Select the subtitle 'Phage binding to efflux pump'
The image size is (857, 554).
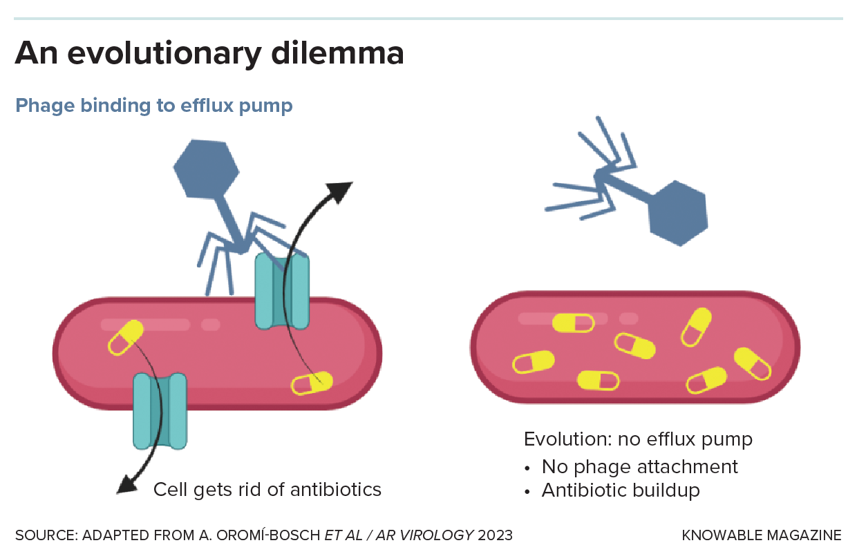[154, 106]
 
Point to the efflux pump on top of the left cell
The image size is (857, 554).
[282, 290]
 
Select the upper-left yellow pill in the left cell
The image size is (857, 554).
[125, 338]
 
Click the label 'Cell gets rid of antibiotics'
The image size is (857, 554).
[267, 490]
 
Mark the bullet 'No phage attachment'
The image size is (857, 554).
[639, 467]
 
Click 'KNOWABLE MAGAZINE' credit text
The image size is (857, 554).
[762, 535]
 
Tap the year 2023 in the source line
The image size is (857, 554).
[496, 535]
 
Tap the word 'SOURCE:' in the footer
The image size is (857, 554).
[46, 535]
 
